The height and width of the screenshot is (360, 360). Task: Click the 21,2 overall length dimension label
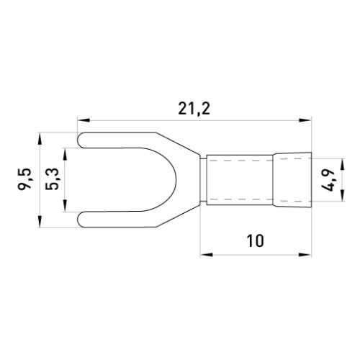tap(194, 109)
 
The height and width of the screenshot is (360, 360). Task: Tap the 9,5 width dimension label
tap(24, 179)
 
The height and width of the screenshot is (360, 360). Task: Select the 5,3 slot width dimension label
tap(52, 179)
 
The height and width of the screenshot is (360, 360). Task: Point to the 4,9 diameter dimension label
tap(328, 179)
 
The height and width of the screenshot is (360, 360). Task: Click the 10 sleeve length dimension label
tap(256, 240)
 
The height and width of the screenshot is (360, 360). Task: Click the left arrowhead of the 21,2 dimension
tap(84, 120)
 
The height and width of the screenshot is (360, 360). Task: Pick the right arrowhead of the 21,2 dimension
tap(305, 120)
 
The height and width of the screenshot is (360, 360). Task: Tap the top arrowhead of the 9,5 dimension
tap(40, 138)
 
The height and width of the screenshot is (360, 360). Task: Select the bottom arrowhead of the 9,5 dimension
tap(40, 221)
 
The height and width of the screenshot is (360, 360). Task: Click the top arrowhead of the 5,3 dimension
tap(65, 154)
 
